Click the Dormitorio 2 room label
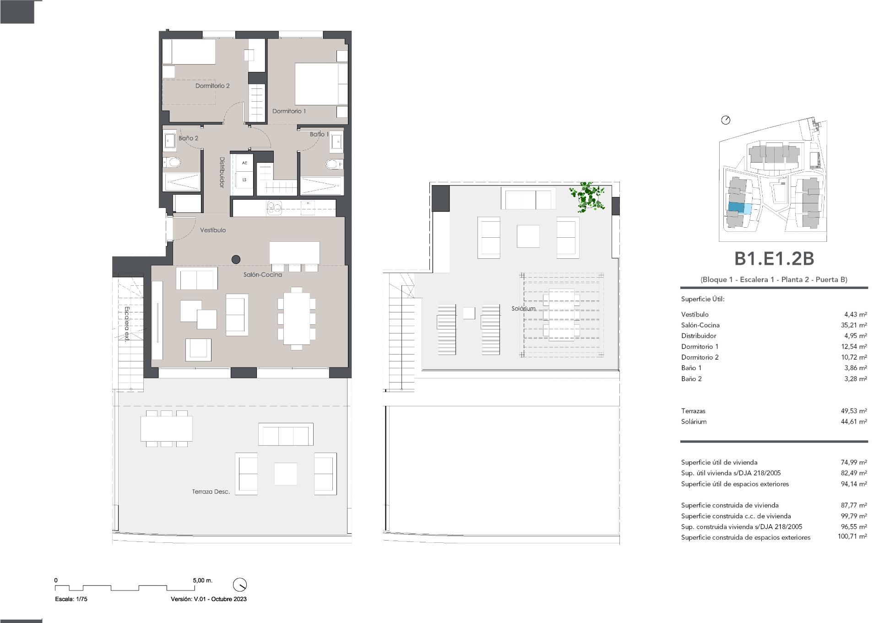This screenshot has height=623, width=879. click(x=212, y=86)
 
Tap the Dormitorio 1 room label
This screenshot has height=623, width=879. click(x=289, y=111)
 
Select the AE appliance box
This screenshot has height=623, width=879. click(x=244, y=163)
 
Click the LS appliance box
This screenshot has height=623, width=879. click(x=244, y=180)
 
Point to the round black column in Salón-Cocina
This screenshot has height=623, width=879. click(x=236, y=259)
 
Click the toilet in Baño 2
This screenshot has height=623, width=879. click(x=173, y=162)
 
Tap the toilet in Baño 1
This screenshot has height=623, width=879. click(x=334, y=164)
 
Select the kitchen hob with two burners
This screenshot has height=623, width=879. click(x=275, y=208)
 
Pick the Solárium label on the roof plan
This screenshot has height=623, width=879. click(x=523, y=308)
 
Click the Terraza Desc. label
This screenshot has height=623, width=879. click(x=211, y=492)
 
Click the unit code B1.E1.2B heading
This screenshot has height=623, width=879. click(x=774, y=259)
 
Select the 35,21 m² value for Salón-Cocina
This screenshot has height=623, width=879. click(x=853, y=325)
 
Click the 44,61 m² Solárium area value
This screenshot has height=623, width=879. click(x=853, y=421)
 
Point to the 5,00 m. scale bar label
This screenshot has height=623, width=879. click(x=202, y=580)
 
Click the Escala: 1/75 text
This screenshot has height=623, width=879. click(x=71, y=599)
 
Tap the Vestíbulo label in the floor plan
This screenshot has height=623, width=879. click(x=213, y=230)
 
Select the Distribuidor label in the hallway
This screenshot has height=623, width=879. click(x=222, y=172)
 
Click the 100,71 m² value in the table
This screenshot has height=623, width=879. click(x=852, y=537)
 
